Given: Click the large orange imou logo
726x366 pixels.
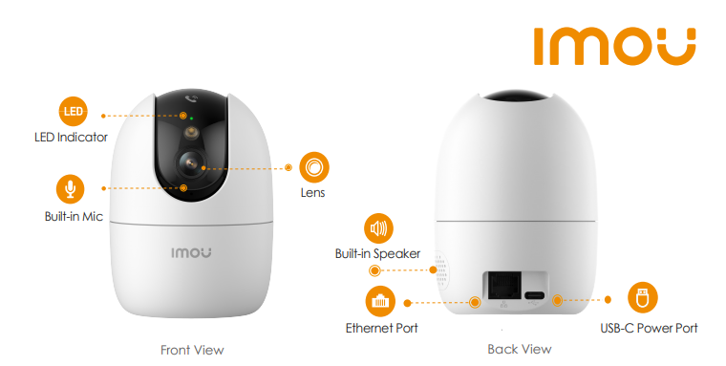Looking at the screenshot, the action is coord(614,46).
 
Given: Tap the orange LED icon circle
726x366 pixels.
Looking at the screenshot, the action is coord(74,112).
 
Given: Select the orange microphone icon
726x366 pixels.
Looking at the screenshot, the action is coord(71,189).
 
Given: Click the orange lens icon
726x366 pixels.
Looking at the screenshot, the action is coord(314,167).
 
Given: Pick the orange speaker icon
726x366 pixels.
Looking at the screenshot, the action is coord(378,228).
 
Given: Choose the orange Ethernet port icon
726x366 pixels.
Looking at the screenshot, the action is coord(380,301).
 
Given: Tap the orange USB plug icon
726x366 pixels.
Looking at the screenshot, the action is coord(643,297).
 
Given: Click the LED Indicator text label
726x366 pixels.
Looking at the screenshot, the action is coord(71,138).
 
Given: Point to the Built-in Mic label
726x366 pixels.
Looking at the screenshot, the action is coord(74,216).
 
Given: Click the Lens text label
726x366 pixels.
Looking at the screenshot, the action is coord(313,193).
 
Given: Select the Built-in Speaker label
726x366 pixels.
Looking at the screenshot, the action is coord(378,253).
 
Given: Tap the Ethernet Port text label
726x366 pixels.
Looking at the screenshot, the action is coord(381,328).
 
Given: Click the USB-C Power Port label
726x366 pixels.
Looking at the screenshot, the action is coord(649,328).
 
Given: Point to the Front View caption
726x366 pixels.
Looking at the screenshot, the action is coord(192,350).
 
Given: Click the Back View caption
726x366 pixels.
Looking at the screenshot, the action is coord(520,349).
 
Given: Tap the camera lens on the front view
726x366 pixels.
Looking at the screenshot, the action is coord(191,163).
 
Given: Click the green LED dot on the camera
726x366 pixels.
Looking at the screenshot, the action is coord(191,118).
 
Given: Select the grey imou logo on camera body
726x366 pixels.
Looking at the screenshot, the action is coord(191,252).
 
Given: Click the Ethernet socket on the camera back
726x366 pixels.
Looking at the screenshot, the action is coord(503,286).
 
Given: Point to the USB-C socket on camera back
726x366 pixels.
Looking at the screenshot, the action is coord(535,295).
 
